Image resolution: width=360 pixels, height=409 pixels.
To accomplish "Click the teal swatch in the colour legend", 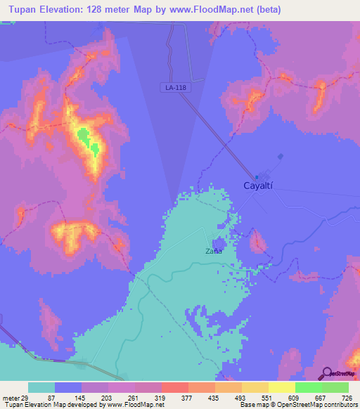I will (41, 387).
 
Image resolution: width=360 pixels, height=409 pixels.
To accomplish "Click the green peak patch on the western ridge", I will (86, 138).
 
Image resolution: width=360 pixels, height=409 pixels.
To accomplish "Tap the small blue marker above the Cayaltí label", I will (257, 176).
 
